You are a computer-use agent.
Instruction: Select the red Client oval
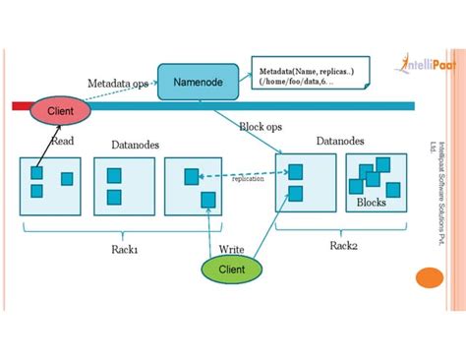pyautogui.click(x=61, y=111)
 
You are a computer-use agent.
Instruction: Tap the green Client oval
pyautogui.click(x=231, y=268)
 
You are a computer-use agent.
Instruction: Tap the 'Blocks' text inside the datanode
pyautogui.click(x=372, y=202)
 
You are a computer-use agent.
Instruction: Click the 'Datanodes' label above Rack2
pyautogui.click(x=340, y=142)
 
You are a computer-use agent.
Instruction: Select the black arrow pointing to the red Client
pyautogui.click(x=45, y=145)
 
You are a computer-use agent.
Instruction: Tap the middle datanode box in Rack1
pyautogui.click(x=123, y=185)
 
